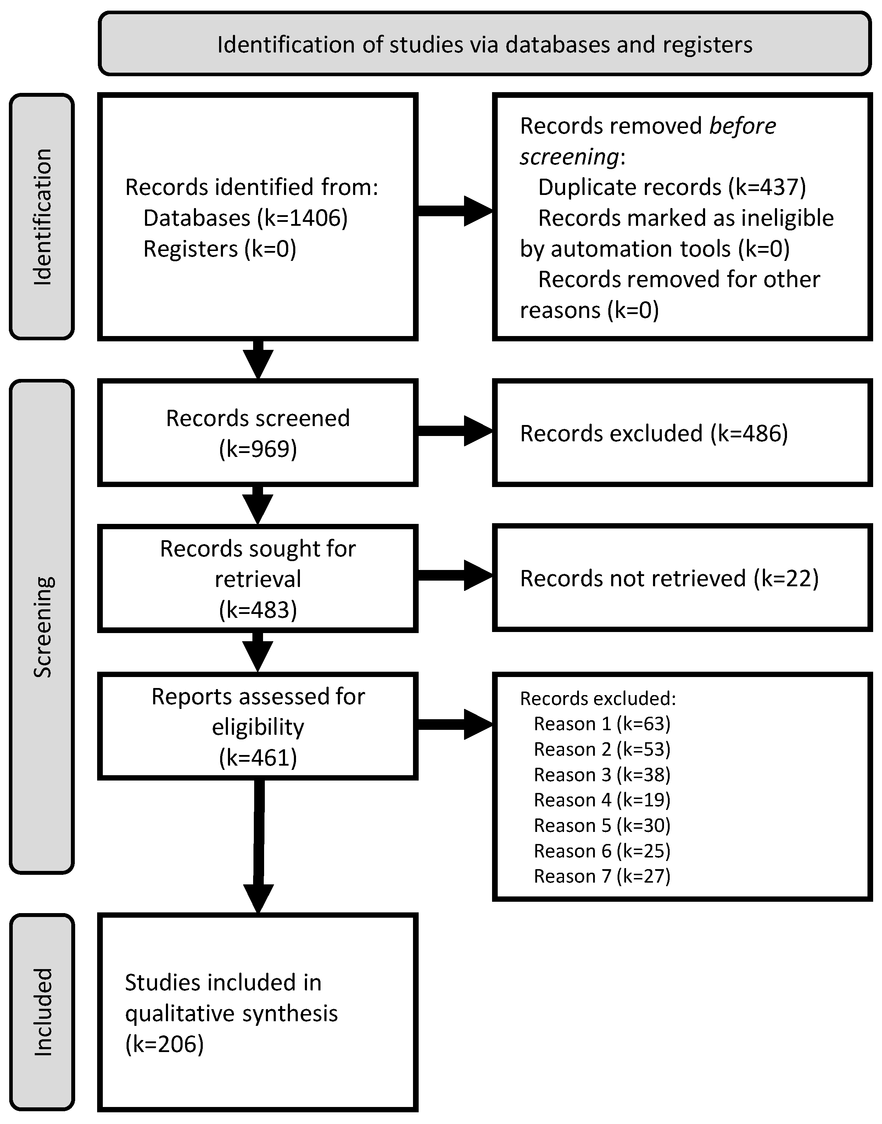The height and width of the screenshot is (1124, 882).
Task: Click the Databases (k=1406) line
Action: pos(245,218)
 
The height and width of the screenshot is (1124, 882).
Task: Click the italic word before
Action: pos(742,126)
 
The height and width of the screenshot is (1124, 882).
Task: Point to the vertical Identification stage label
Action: pos(42,217)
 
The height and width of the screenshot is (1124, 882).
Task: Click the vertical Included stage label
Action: pos(42,1012)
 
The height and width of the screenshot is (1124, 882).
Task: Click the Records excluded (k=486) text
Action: pos(654,434)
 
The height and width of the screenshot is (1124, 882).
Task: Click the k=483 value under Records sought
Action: pos(258,610)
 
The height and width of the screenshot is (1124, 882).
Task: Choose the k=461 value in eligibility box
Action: pos(258,758)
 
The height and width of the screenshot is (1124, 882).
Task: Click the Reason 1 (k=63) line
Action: pos(602,724)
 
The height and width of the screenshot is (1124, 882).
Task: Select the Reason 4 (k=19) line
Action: pos(602,800)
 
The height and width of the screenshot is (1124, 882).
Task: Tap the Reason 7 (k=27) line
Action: pos(602,876)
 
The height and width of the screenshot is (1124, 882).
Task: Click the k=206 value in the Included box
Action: pos(164,1044)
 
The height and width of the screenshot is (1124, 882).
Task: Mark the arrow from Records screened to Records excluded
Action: pos(454,431)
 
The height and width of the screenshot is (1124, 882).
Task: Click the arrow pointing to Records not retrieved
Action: pos(454,576)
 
